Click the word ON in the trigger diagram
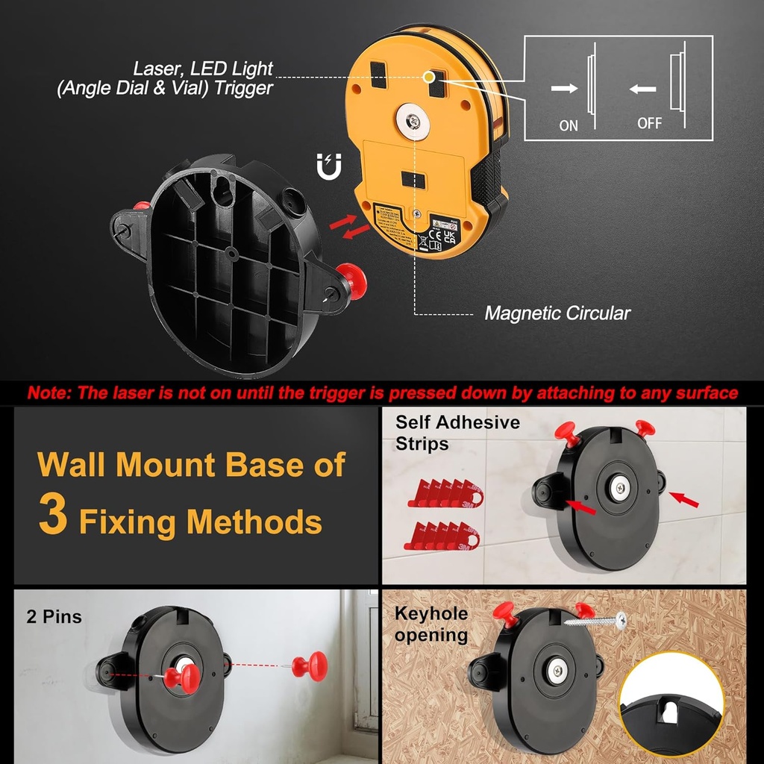(569, 125)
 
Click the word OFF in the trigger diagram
(649, 123)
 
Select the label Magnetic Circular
(557, 313)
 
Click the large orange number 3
(53, 516)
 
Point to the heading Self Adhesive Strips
(457, 433)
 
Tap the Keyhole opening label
(431, 624)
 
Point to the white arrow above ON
(565, 88)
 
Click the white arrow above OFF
(642, 89)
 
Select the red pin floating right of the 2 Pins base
(308, 664)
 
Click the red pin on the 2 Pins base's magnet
(181, 677)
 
